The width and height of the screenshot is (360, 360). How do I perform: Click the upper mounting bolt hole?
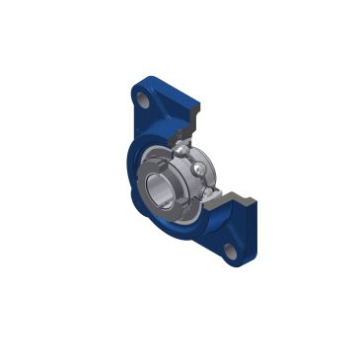[144, 102]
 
